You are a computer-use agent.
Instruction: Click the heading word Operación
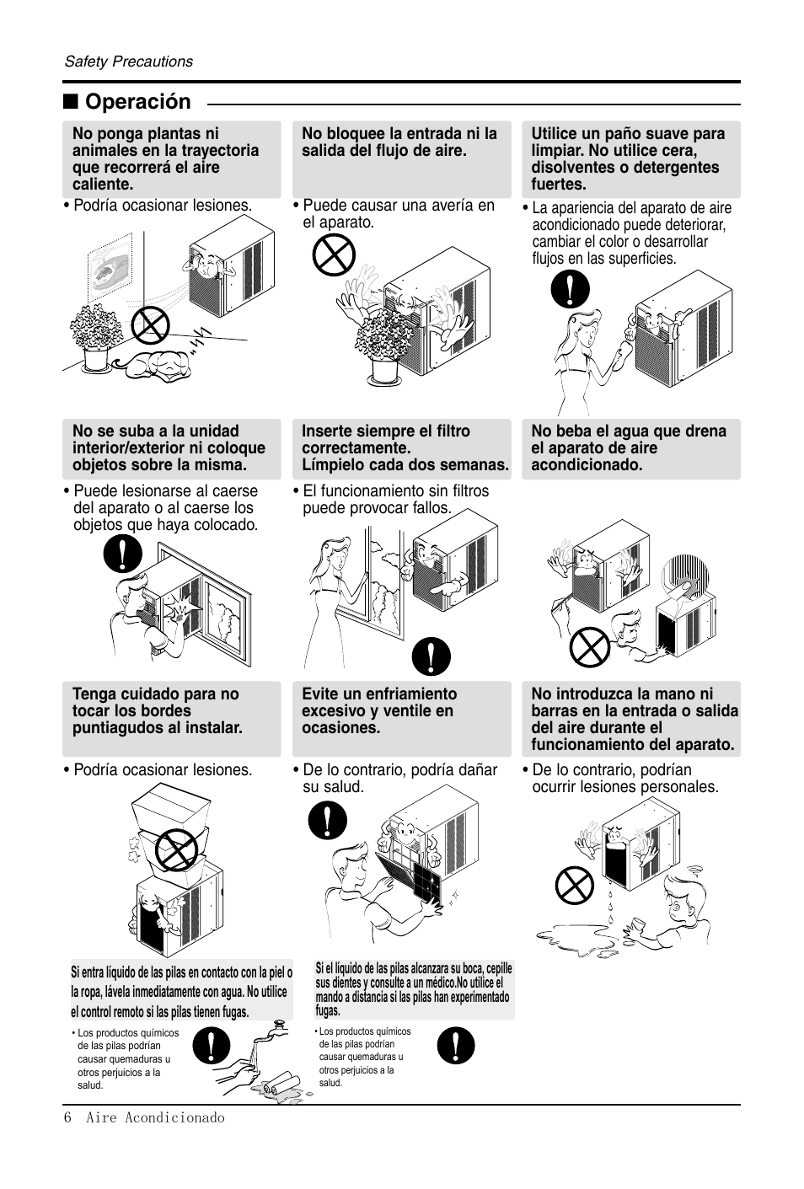click(x=138, y=102)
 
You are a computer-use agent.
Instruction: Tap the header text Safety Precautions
click(x=129, y=62)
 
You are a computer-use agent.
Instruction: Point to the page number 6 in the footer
click(x=67, y=1117)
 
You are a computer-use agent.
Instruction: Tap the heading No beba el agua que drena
click(x=628, y=431)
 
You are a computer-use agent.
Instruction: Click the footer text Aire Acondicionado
click(x=155, y=1117)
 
